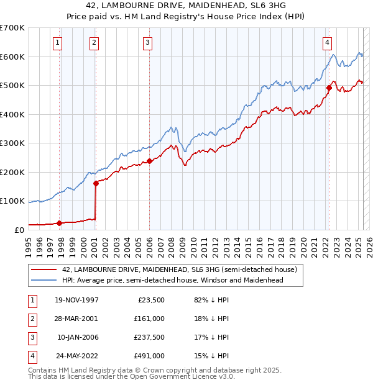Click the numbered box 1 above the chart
[x=57, y=43]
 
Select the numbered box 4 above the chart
[x=326, y=43]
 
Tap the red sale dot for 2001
[x=96, y=183]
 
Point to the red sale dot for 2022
[x=329, y=88]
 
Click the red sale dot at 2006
[x=149, y=161]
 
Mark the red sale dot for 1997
[x=60, y=223]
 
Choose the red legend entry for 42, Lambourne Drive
[x=180, y=269]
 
